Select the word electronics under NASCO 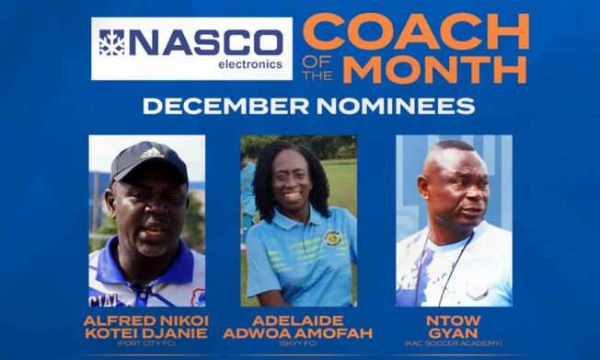pos(249,65)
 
